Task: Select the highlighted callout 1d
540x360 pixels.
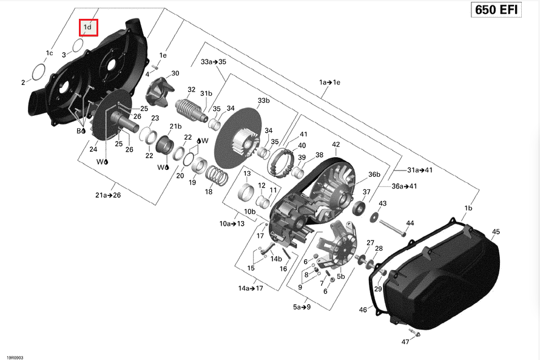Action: coord(88,27)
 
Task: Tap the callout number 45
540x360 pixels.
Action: coord(496,232)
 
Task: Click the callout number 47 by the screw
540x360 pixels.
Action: coord(405,342)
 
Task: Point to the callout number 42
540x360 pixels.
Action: coord(336,144)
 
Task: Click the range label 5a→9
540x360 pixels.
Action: coord(302,307)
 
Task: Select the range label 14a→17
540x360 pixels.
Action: coord(251,288)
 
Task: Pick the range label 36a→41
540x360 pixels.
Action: coord(404,186)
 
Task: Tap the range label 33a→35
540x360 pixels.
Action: coord(214,62)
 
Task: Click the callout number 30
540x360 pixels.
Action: coord(175,73)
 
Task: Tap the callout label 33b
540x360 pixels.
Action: coord(263,100)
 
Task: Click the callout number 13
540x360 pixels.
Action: coord(248,174)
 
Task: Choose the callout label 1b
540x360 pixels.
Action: coord(468,208)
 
